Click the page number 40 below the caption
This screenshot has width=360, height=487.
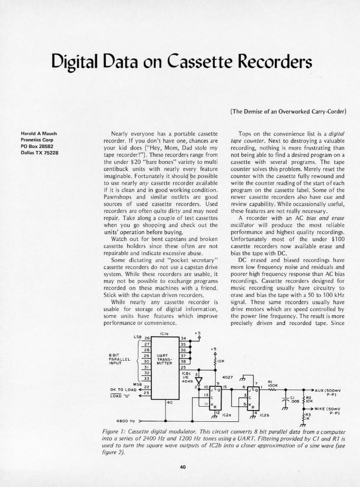coord(180,466)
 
